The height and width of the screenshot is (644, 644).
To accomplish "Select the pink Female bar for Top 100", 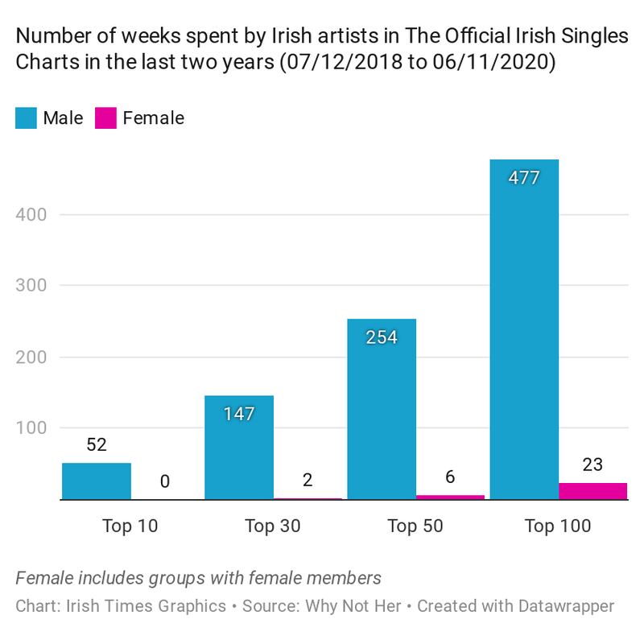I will pos(592,491).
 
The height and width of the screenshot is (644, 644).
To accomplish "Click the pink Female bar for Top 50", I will pos(450,497).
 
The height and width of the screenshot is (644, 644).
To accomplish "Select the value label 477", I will pos(524,177).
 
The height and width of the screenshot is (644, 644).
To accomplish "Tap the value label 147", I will pos(239,414).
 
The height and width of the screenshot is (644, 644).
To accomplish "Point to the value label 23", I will pos(592,464).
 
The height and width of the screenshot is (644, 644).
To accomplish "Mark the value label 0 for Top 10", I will pos(165,482).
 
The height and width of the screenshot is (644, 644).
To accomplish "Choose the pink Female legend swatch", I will pos(106,118).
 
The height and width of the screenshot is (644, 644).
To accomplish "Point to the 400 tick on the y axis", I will pos(32,215).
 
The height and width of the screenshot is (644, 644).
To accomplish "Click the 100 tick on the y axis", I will pos(32,428).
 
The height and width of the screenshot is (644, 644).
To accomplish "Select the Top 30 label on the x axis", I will pos(272,526).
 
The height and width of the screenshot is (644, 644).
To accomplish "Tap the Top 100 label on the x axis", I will pos(558,526).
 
